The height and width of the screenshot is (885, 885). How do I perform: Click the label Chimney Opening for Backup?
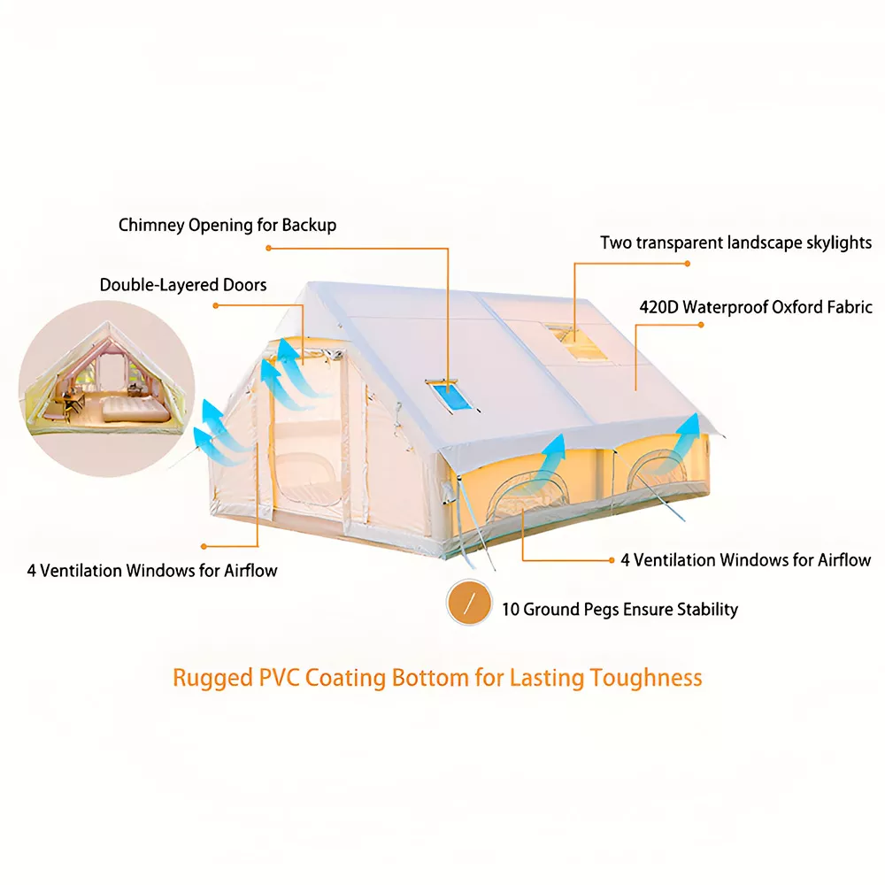tap(227, 225)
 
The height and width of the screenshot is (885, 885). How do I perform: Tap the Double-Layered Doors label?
tap(183, 284)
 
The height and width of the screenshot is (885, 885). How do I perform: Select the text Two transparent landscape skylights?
tap(735, 242)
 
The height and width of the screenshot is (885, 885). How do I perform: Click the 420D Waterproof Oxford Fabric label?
tap(756, 307)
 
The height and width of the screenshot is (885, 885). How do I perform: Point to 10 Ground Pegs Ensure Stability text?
tap(619, 610)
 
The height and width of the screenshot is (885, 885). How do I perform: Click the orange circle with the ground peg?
tap(469, 603)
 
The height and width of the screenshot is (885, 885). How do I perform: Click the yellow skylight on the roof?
tap(577, 342)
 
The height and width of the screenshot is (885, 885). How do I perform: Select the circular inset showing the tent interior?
tap(107, 389)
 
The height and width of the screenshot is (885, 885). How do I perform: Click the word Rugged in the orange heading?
tap(212, 678)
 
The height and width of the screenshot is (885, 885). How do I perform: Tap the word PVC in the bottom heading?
tap(279, 678)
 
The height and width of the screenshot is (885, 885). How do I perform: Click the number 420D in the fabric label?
tap(658, 307)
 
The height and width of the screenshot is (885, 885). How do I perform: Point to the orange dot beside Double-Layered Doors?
tap(216, 306)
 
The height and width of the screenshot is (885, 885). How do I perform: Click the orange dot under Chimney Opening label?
tap(269, 248)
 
